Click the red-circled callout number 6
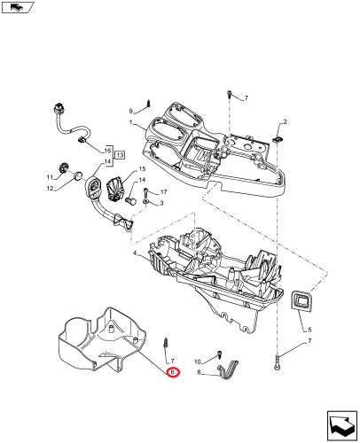pyautogui.click(x=173, y=372)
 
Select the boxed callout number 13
pyautogui.click(x=120, y=155)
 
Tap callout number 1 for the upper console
pyautogui.click(x=130, y=122)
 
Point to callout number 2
pyautogui.click(x=285, y=121)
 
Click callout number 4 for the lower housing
pyautogui.click(x=135, y=253)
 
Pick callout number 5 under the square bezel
pyautogui.click(x=309, y=330)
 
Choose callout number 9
pyautogui.click(x=131, y=112)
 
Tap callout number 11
pyautogui.click(x=50, y=177)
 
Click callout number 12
pyautogui.click(x=50, y=189)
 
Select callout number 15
pyautogui.click(x=142, y=169)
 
